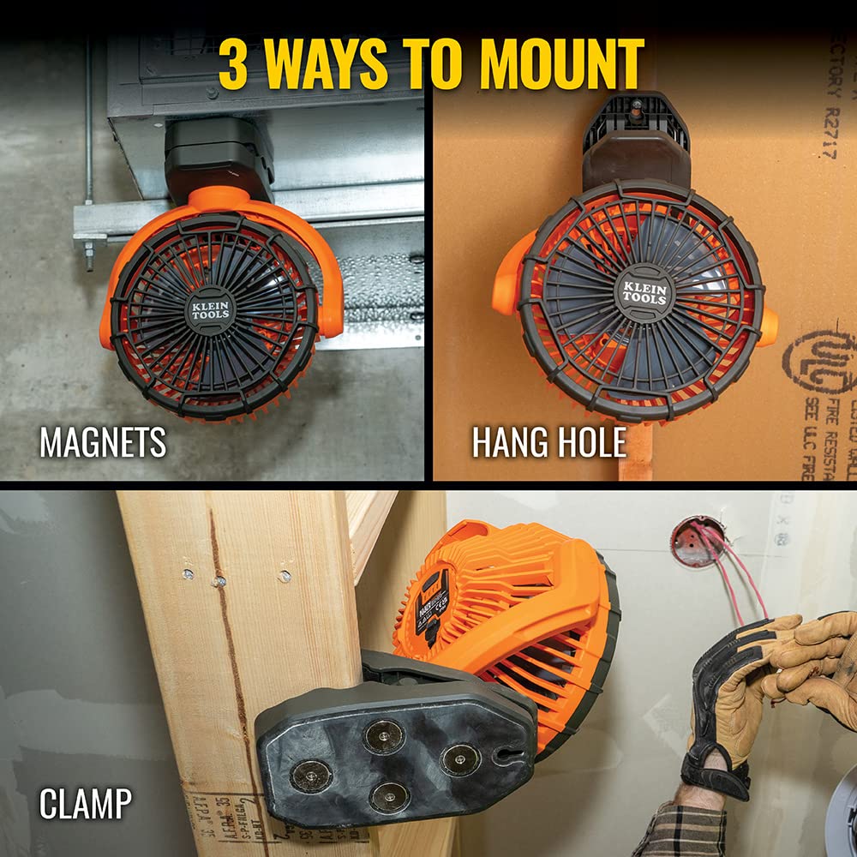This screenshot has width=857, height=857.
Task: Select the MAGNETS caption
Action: (103, 442)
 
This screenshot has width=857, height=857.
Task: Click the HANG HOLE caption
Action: (549, 442)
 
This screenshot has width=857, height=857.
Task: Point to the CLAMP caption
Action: (86, 804)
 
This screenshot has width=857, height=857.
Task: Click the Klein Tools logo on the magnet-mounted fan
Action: (211, 309)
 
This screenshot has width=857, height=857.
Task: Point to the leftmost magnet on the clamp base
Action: (311, 776)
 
